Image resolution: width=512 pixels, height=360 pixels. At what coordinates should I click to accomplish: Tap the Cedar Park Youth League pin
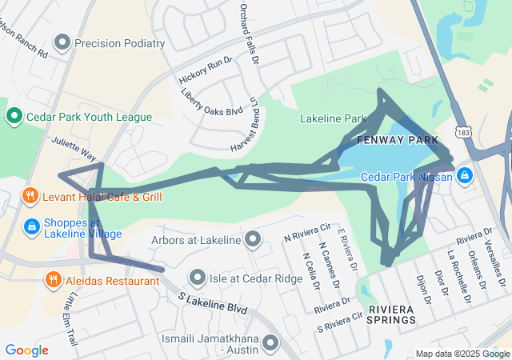click(14, 118)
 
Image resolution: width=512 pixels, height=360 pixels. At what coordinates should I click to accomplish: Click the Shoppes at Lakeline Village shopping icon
click(31, 227)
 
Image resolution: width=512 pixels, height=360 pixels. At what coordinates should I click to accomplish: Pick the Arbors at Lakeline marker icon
click(254, 239)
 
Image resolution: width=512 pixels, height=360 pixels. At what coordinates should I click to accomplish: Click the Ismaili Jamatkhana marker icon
click(270, 343)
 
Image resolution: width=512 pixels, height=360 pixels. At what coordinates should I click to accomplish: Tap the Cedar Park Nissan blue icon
click(464, 175)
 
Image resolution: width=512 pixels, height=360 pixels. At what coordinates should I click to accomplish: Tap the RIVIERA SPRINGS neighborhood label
click(392, 314)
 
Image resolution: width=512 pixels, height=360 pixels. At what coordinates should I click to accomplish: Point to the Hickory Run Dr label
click(206, 70)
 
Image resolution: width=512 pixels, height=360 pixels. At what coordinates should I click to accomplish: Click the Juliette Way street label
click(74, 148)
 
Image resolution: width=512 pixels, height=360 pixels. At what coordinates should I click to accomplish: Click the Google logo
click(26, 350)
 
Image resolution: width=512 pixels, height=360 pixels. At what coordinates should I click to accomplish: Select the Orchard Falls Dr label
click(250, 34)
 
